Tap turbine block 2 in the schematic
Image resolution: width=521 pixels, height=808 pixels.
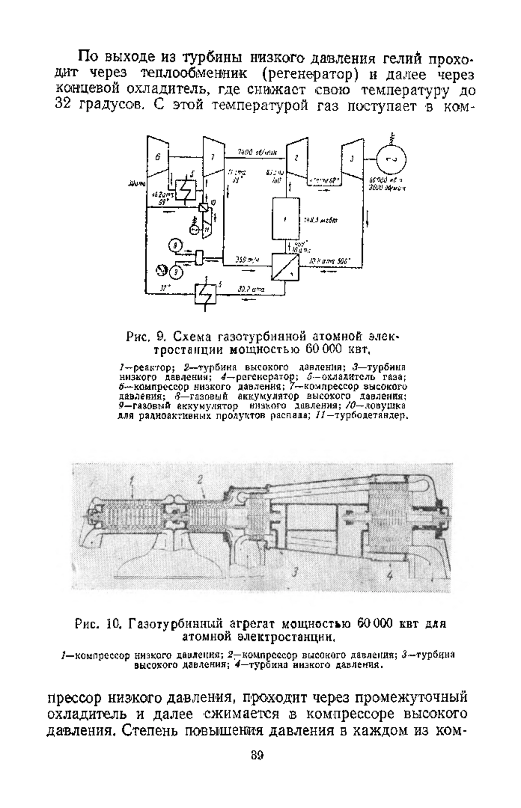(295, 158)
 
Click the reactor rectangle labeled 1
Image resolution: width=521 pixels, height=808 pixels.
(285, 220)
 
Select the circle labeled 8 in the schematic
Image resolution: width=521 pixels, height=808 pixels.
(175, 246)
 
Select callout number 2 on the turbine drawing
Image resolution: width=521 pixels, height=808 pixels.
(200, 480)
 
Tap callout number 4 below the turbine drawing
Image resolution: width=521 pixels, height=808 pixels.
(389, 576)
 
